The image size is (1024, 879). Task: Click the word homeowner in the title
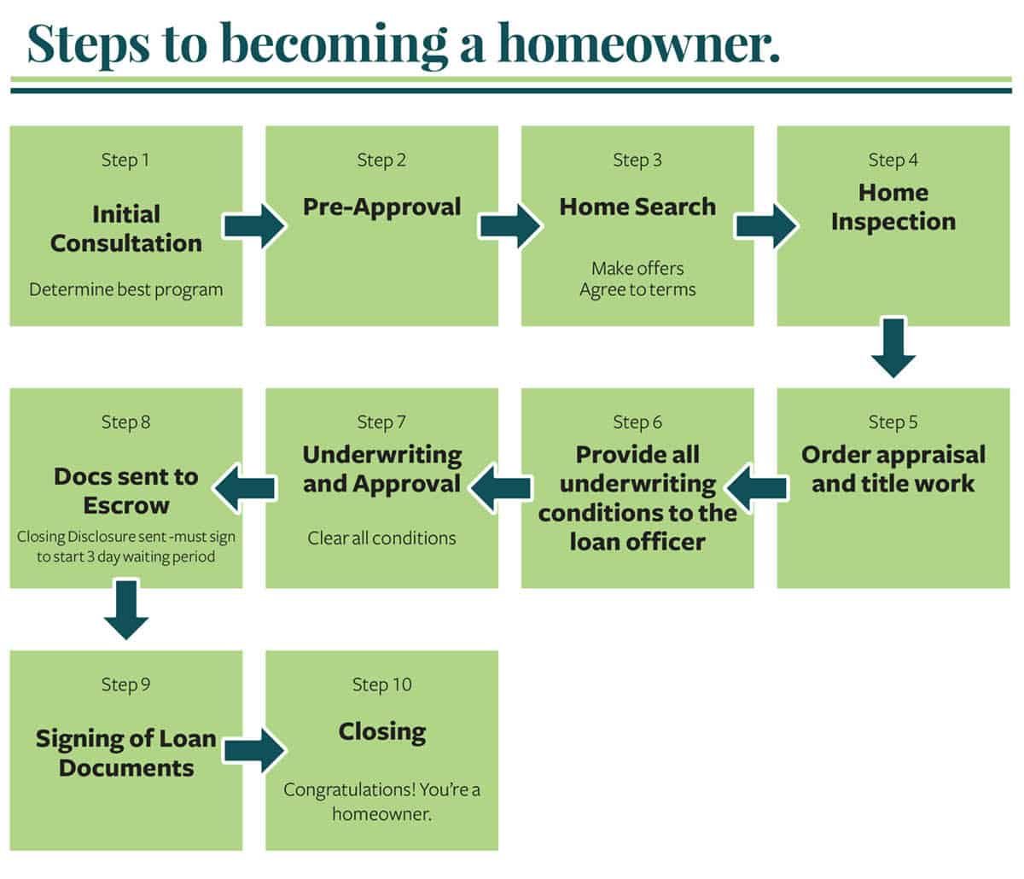(638, 44)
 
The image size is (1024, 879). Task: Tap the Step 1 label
(125, 160)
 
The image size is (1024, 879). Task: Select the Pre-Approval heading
(382, 207)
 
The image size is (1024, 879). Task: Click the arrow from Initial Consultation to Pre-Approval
(254, 226)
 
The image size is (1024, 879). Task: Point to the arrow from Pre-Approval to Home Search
(510, 226)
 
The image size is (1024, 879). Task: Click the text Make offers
(637, 269)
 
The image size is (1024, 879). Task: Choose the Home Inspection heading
(893, 207)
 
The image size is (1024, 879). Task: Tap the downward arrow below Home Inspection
(893, 348)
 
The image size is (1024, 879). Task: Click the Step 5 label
(893, 422)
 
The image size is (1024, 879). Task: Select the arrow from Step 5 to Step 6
(757, 488)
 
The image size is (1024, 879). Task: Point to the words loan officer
(637, 542)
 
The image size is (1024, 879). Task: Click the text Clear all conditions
(382, 538)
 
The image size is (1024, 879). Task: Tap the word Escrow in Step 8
(126, 505)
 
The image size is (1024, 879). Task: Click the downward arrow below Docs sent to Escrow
(125, 610)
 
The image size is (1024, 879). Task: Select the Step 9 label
(125, 684)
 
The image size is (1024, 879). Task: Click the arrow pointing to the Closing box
(254, 750)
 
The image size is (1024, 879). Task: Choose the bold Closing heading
(382, 732)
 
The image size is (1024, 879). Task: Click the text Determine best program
(125, 289)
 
